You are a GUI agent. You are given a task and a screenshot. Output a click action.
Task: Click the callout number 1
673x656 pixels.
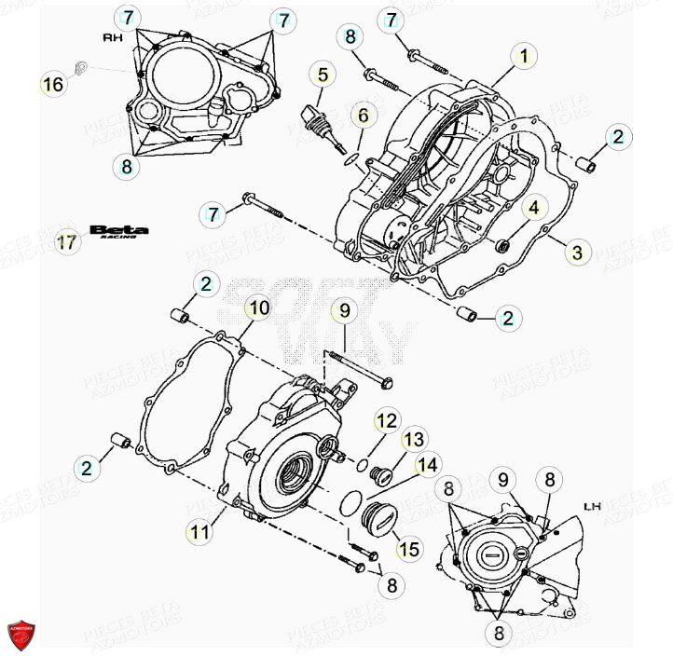(x=523, y=57)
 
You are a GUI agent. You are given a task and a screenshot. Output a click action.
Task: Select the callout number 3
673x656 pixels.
(x=577, y=252)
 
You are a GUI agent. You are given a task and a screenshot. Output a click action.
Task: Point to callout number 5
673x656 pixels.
(x=322, y=74)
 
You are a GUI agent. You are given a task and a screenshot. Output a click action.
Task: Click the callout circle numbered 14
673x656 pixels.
(x=427, y=463)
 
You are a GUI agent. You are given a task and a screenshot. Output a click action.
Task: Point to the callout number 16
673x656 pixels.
(x=53, y=85)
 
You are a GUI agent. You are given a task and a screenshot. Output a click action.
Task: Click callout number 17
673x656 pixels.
(x=65, y=243)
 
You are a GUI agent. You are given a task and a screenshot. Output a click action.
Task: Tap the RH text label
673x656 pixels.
(x=112, y=38)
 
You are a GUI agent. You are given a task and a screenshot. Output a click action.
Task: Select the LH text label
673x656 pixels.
(x=592, y=506)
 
